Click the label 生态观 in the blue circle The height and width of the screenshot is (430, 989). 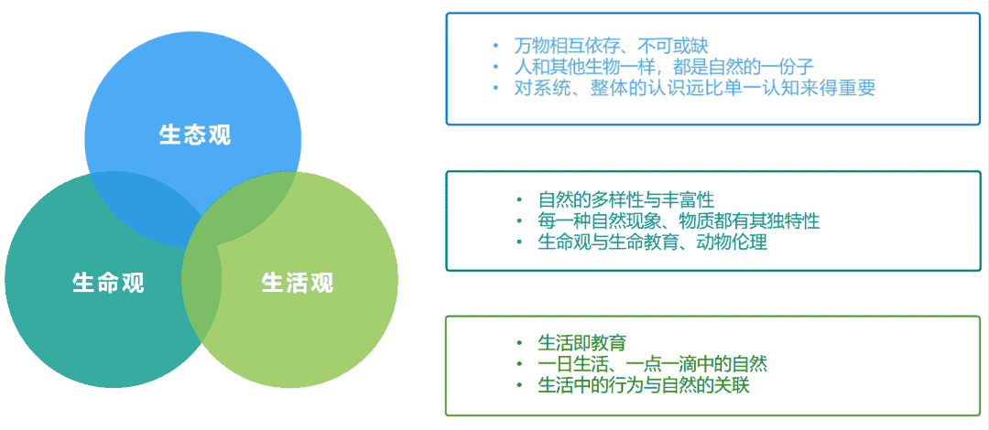[x=195, y=135]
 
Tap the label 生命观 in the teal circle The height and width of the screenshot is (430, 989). [x=108, y=283]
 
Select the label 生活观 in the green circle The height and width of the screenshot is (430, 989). [x=297, y=283]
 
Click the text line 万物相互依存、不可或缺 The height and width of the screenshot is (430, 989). [x=611, y=46]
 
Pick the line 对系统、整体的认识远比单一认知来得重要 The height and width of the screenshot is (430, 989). [x=694, y=88]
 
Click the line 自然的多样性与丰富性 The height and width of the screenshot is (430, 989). [x=625, y=200]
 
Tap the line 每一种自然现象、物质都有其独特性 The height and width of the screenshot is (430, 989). [x=679, y=221]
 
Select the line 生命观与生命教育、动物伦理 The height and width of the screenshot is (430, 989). [x=652, y=242]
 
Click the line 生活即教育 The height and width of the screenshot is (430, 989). [x=581, y=343]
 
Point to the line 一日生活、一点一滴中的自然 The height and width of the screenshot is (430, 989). [x=652, y=364]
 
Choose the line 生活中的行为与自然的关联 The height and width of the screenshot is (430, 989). [x=644, y=384]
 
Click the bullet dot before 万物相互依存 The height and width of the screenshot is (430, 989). [x=495, y=46]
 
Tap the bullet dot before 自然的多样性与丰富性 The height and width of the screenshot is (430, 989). [x=519, y=200]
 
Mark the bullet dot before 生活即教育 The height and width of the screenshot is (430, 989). [x=519, y=343]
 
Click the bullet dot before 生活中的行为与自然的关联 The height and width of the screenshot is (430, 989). [x=519, y=384]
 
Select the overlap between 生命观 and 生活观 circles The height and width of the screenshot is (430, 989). [x=201, y=290]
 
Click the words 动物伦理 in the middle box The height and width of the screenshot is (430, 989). [x=733, y=242]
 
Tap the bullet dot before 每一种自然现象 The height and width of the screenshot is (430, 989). [x=519, y=221]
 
